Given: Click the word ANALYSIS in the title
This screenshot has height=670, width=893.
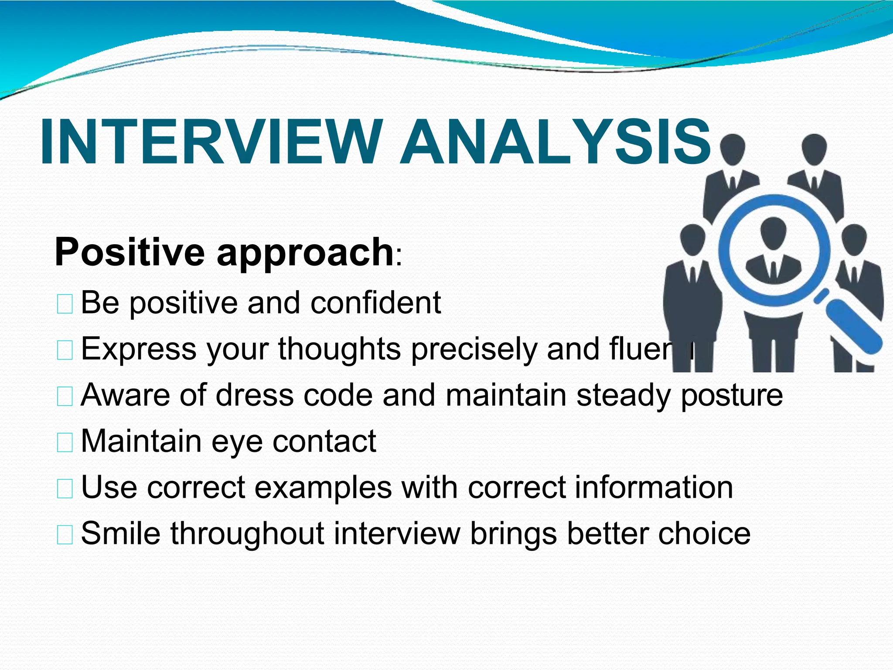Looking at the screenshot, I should click(556, 143).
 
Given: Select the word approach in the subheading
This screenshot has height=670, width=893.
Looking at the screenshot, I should click(305, 254).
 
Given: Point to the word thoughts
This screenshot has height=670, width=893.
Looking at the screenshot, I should click(339, 349).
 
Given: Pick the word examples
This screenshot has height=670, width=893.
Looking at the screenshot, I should click(323, 488).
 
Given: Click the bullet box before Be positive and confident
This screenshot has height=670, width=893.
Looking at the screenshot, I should click(65, 304).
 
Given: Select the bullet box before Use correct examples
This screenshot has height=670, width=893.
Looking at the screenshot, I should click(65, 489).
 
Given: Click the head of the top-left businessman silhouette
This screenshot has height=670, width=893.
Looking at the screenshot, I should click(733, 148).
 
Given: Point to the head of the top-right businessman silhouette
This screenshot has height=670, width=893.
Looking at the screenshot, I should click(814, 148).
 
